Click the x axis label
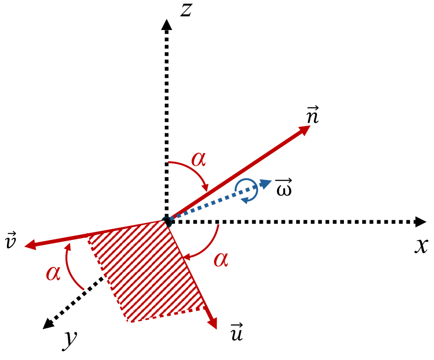pos(420,246)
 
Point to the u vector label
pos(237,332)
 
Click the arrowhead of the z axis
pos(166,25)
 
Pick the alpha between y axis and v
pos(53,273)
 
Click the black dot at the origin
pos(167,221)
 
